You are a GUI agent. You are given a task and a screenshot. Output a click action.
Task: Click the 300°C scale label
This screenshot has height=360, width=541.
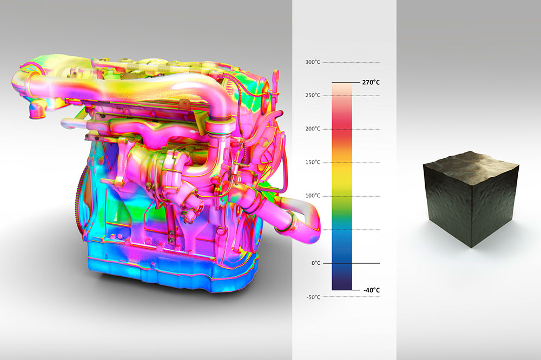pos(313,62)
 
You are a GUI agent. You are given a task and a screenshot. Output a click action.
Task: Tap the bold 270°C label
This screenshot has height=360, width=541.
pos(371,82)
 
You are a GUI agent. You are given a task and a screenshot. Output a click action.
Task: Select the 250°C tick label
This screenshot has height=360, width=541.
pos(313,95)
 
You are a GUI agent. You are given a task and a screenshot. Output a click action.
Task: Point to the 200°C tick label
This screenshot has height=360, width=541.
pos(313,129)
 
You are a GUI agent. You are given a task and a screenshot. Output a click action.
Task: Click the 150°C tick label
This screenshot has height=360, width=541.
pos(313,162)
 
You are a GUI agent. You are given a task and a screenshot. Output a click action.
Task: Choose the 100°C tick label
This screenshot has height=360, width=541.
pos(313,196)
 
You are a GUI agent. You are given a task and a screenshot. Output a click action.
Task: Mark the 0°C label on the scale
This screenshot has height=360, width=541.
pos(316,263)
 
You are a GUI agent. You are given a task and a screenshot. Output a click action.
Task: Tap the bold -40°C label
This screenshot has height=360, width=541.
pos(372,290)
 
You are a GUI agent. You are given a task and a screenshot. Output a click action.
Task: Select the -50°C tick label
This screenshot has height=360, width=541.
pos(313,297)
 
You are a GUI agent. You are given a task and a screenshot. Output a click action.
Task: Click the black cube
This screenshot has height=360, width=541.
pos(471,199)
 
